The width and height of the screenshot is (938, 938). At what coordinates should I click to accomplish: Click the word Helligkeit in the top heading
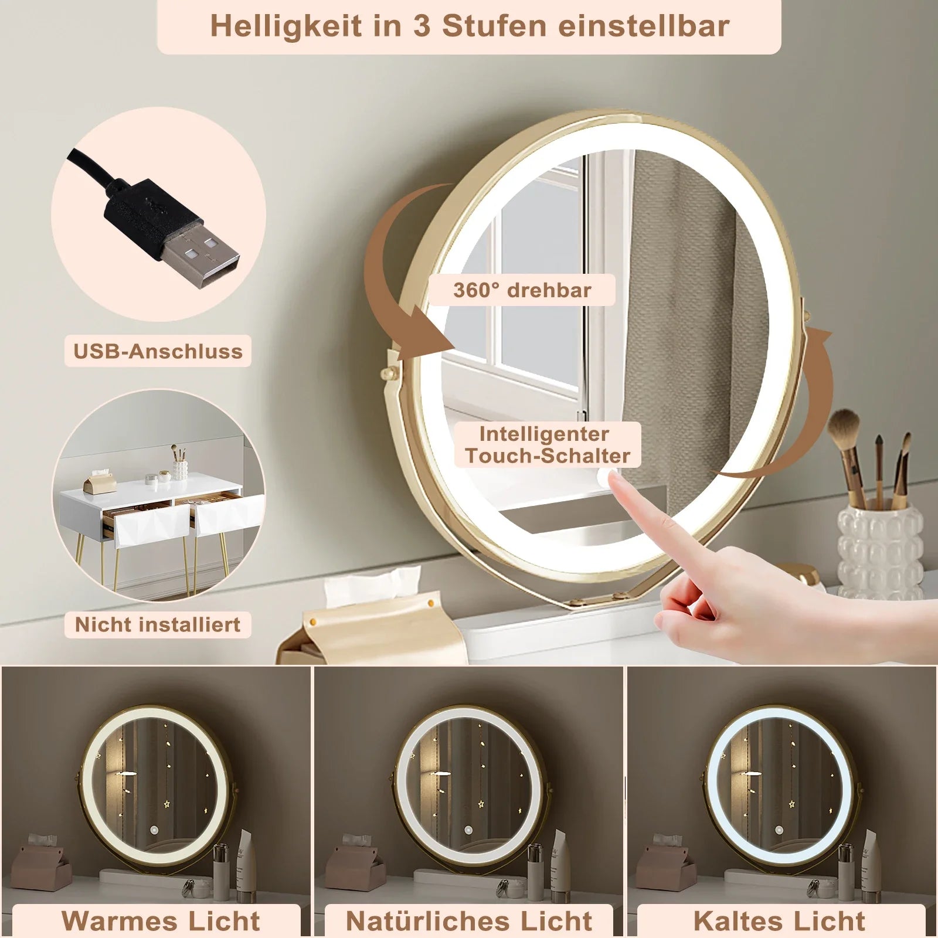click(x=286, y=27)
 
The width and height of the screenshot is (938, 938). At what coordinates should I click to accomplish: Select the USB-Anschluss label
click(x=158, y=351)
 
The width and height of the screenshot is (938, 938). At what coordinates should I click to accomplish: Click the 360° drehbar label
click(x=522, y=290)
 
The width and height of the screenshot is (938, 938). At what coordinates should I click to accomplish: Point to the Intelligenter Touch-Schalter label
click(x=548, y=445)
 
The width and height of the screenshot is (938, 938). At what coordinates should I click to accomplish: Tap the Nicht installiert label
click(x=158, y=624)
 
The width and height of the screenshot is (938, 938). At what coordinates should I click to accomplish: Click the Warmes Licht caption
click(x=160, y=920)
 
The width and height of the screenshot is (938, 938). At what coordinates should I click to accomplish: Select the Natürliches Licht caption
click(x=469, y=920)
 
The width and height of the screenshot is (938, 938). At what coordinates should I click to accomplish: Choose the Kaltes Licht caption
click(x=779, y=920)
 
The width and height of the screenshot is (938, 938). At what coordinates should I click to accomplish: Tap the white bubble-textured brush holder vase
click(x=879, y=551)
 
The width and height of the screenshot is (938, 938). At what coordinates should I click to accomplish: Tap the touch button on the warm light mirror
click(x=155, y=831)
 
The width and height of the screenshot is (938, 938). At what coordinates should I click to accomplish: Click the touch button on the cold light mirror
click(x=780, y=831)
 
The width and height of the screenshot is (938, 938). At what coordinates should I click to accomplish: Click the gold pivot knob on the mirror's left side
click(x=389, y=373)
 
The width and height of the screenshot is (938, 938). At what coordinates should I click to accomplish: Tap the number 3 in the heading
click(x=422, y=27)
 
